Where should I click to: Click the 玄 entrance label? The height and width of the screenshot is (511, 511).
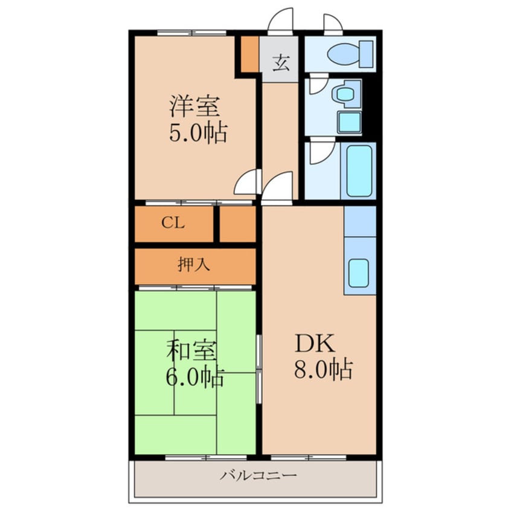coord(281,63)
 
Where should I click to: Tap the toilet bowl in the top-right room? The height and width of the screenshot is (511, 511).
coord(344,54)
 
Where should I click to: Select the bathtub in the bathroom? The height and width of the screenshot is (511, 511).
coord(358,171)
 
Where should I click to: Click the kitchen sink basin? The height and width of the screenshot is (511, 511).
coord(359,273)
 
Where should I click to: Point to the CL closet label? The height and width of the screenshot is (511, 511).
coord(173,223)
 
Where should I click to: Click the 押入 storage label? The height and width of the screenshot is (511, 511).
coord(194,264)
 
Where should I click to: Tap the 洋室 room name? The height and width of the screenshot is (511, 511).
coord(194,106)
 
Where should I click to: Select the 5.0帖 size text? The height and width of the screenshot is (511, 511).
coord(198,133)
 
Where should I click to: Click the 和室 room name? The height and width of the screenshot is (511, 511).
coord(191,351)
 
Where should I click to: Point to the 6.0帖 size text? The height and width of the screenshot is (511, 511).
coord(195,377)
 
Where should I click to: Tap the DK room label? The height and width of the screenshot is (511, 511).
coord(315,344)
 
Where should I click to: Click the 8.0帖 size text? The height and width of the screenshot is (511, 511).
coord(323,369)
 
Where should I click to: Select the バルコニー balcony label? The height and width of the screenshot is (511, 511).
coord(259,476)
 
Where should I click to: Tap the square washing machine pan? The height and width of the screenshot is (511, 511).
coord(349,122)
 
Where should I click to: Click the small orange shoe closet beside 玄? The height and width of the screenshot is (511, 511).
coord(250,54)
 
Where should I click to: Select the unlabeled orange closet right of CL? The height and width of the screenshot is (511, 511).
coord(238,224)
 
